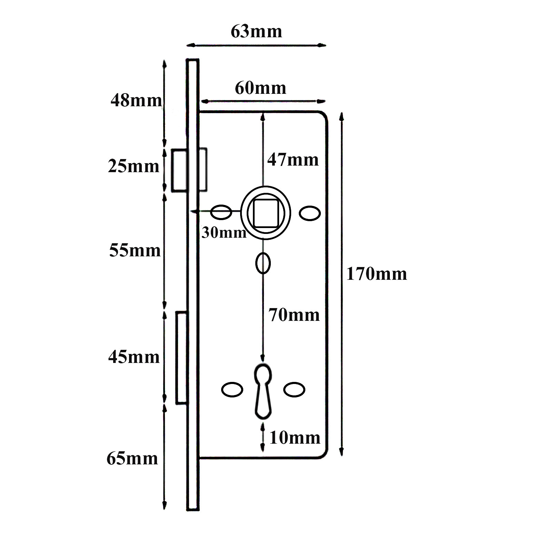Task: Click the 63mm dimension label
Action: point(256,31)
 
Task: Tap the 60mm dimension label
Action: point(260,88)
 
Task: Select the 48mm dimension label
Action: point(136,100)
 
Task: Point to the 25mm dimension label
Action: point(134,166)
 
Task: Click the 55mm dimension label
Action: point(135,250)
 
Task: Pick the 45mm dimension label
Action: point(134,357)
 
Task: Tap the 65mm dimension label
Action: point(132,459)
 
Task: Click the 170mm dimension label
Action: point(376,274)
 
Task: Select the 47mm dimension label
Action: point(293,160)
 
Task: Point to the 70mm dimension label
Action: point(294,315)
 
